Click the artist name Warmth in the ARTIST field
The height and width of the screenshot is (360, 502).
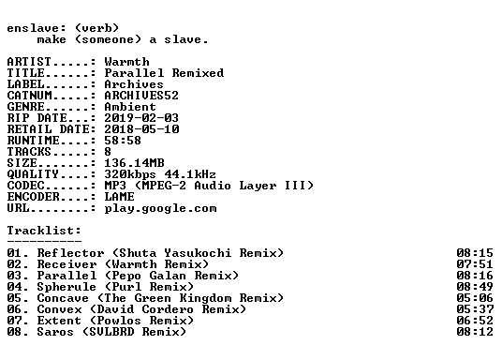click(126, 62)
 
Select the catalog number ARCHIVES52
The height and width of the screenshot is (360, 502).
click(141, 96)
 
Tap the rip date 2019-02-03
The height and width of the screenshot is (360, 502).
click(141, 117)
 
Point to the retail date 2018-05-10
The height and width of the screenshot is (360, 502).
click(141, 128)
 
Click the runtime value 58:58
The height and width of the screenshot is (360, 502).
click(123, 140)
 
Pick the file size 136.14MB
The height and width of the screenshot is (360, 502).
click(134, 162)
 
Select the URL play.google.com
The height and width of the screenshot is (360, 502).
click(160, 208)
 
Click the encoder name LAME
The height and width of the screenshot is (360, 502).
click(120, 196)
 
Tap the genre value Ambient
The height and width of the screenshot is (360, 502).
click(130, 107)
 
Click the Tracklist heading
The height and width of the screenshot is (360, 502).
click(44, 231)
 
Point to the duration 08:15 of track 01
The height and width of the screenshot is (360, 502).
click(475, 252)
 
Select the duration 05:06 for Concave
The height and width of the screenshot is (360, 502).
click(475, 297)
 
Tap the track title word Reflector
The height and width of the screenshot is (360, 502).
click(70, 252)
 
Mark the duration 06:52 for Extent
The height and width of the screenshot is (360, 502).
click(475, 320)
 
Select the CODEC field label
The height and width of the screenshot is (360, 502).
click(25, 185)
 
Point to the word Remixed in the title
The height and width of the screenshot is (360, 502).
click(198, 73)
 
